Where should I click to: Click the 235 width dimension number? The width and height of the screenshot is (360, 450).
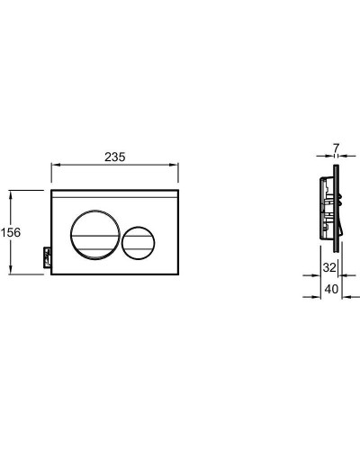coord(115,157)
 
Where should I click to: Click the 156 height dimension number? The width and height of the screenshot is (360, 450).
coord(11,232)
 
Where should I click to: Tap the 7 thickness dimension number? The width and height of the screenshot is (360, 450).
coord(336,148)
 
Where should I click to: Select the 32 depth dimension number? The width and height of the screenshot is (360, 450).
coord(329,267)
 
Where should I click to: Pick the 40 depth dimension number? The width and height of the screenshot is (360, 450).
coord(331,289)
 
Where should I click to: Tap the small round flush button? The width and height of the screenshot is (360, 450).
coord(139,242)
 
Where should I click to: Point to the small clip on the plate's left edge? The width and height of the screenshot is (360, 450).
coord(47,257)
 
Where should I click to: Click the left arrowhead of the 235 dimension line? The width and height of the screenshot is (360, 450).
coord(55,165)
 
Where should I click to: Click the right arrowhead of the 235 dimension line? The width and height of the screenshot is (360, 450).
coord(175,165)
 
